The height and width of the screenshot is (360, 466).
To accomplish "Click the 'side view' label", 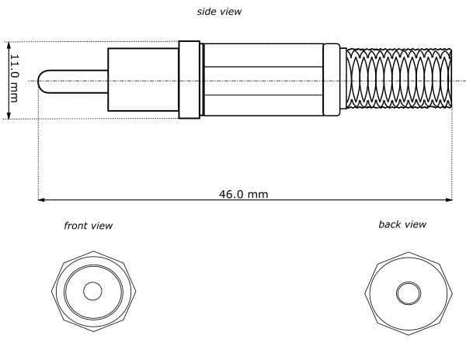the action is [x=219, y=12].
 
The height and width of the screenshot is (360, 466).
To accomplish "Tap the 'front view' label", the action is [x=89, y=226].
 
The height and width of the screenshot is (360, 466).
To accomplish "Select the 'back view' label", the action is [x=402, y=224].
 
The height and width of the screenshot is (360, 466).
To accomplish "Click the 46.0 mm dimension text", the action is [x=243, y=195].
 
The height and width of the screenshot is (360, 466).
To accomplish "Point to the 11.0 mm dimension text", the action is [x=14, y=78].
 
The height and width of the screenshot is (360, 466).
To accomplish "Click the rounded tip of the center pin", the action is [x=39, y=81].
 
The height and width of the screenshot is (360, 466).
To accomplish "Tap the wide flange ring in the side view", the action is [x=189, y=80].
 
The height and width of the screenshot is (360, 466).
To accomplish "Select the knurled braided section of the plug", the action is [x=399, y=78].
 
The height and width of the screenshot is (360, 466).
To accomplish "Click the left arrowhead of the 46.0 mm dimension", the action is [x=41, y=200].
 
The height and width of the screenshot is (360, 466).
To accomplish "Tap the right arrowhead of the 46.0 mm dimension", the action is [x=449, y=200].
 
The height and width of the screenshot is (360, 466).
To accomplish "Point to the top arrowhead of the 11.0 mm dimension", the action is [x=9, y=46].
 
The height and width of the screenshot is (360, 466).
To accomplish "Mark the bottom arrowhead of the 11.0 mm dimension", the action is [x=9, y=115].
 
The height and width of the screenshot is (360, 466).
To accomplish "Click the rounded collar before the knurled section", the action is [x=332, y=80].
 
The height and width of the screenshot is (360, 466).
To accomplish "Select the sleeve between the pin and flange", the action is [x=143, y=80].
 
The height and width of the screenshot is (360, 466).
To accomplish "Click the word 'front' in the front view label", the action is [x=75, y=226].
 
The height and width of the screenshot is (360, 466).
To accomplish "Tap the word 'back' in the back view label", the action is [x=390, y=224].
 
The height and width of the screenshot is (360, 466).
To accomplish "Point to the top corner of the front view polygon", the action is [x=94, y=251].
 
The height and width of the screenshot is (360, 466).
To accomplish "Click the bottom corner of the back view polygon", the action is [x=409, y=335].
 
